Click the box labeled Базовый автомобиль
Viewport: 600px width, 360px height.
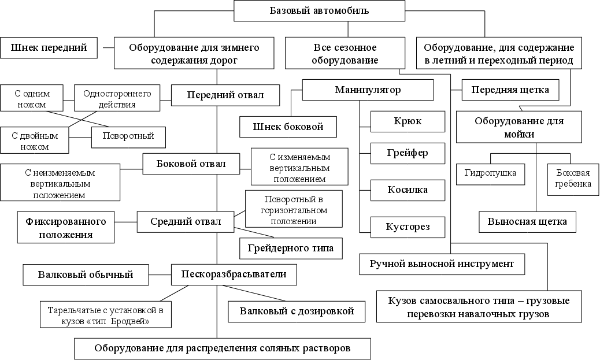(x=319, y=11)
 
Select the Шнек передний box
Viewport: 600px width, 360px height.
(x=49, y=48)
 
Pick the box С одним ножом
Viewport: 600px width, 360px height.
(x=33, y=99)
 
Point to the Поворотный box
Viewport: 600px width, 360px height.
(x=128, y=137)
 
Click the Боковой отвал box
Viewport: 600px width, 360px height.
(x=191, y=164)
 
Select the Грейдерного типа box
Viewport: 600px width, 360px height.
(x=291, y=248)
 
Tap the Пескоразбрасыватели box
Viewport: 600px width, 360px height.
(x=234, y=273)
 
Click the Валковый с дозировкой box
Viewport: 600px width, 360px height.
(x=297, y=311)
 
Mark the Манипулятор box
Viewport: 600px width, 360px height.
(x=368, y=90)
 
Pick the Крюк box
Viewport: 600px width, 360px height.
(x=408, y=121)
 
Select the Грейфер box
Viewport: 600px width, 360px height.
(x=408, y=154)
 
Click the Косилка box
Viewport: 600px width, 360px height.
(x=408, y=190)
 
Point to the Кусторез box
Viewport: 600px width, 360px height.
(x=408, y=227)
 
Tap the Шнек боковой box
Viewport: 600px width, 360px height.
(x=288, y=127)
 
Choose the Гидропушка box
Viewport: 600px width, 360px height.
(x=490, y=173)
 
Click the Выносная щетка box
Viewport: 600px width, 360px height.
(x=527, y=221)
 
